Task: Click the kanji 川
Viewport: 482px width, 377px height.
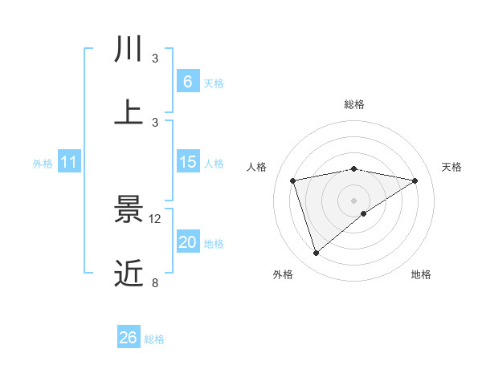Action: (x=129, y=49)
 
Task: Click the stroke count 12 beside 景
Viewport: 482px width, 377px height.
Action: (x=156, y=219)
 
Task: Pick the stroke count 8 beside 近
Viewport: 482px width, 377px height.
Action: (x=156, y=282)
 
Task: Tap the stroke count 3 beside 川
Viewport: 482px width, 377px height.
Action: (x=156, y=59)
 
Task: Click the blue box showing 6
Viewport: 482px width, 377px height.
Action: (x=187, y=81)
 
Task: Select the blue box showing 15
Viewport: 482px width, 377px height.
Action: (x=187, y=162)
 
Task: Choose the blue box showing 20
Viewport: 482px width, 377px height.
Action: (x=187, y=242)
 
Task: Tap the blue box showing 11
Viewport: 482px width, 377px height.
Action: (x=69, y=162)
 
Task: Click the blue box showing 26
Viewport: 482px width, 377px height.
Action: (x=129, y=338)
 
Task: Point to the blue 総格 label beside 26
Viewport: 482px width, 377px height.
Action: (x=155, y=339)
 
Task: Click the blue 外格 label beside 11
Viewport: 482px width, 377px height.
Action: (x=43, y=164)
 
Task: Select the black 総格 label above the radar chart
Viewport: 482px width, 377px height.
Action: (x=354, y=104)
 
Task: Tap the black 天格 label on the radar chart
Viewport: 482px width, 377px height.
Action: (x=452, y=167)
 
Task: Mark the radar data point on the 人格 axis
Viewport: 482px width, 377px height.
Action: (x=293, y=180)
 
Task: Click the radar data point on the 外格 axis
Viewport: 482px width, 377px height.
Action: (x=317, y=253)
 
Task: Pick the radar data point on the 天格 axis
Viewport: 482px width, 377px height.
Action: (x=415, y=180)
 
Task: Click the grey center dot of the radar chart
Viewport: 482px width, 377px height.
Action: (x=354, y=199)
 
